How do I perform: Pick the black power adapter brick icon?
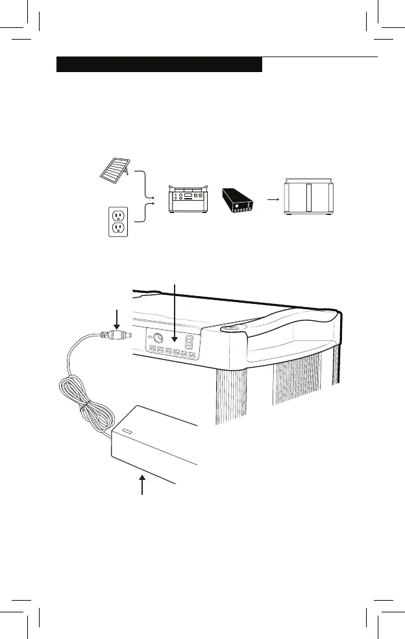coord(239,200)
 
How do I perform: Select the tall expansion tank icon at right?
coord(308,197)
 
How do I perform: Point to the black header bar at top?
coord(159,64)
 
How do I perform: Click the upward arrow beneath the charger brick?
coord(143,484)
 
